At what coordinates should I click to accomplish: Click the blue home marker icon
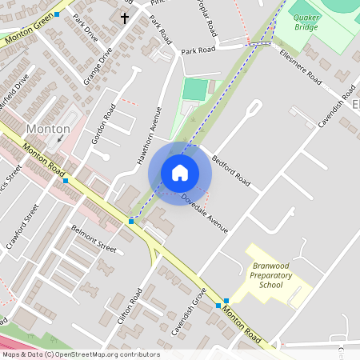coord(180,173)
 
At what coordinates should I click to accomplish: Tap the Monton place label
coord(49,128)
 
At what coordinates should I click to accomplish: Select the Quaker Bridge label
coord(306,22)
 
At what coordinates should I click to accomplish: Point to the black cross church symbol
coord(125,16)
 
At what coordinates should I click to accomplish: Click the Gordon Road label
coord(104,124)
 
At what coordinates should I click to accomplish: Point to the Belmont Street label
coord(94,238)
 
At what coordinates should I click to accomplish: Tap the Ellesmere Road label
coord(302,67)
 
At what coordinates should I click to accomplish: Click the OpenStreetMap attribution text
coord(81,354)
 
